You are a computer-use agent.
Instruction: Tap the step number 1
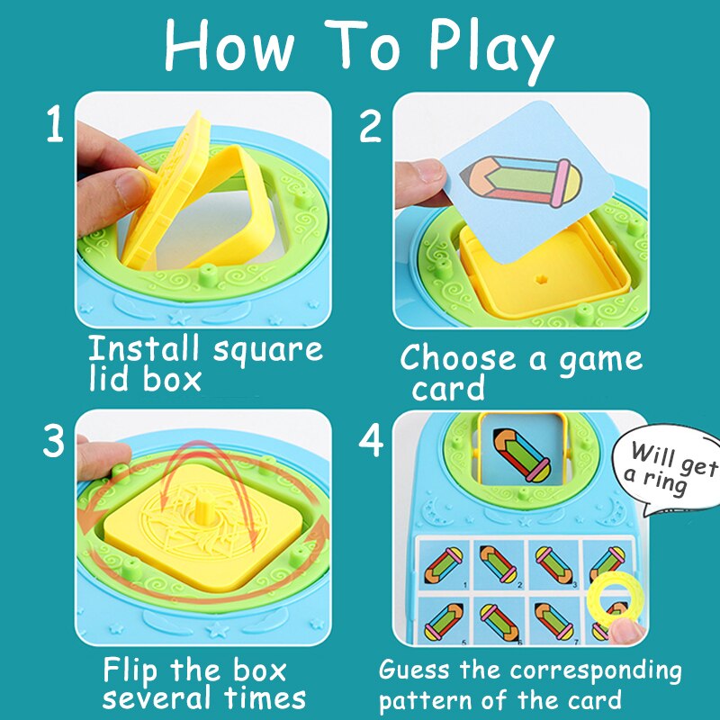click(x=55, y=127)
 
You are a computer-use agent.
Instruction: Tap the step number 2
click(x=370, y=127)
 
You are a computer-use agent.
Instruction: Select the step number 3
click(x=55, y=442)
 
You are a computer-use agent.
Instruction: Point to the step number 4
click(x=370, y=442)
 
